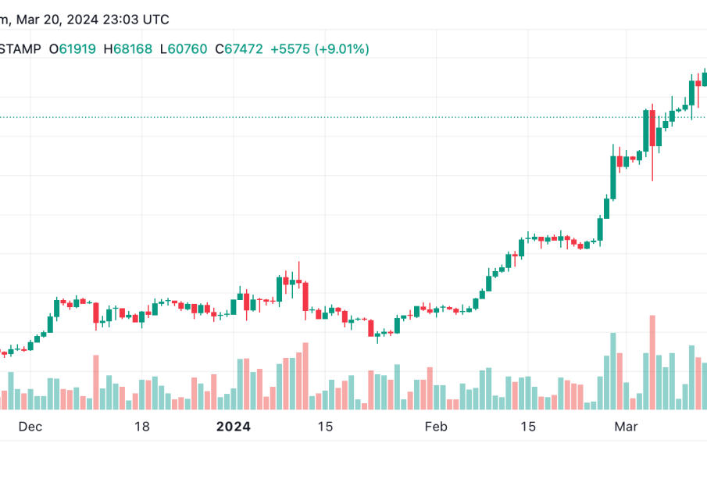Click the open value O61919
click(x=73, y=49)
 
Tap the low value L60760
click(x=184, y=49)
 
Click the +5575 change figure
click(x=291, y=49)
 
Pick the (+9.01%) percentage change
click(x=341, y=49)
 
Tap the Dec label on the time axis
click(x=29, y=427)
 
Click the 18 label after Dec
click(x=141, y=427)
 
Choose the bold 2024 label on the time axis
click(x=233, y=427)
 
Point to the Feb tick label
click(x=436, y=427)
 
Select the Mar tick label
click(x=627, y=427)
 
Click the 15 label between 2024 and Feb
click(x=325, y=427)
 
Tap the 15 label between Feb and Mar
click(x=529, y=427)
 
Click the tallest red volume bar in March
click(x=652, y=362)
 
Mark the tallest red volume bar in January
click(x=305, y=376)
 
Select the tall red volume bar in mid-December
click(x=96, y=382)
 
